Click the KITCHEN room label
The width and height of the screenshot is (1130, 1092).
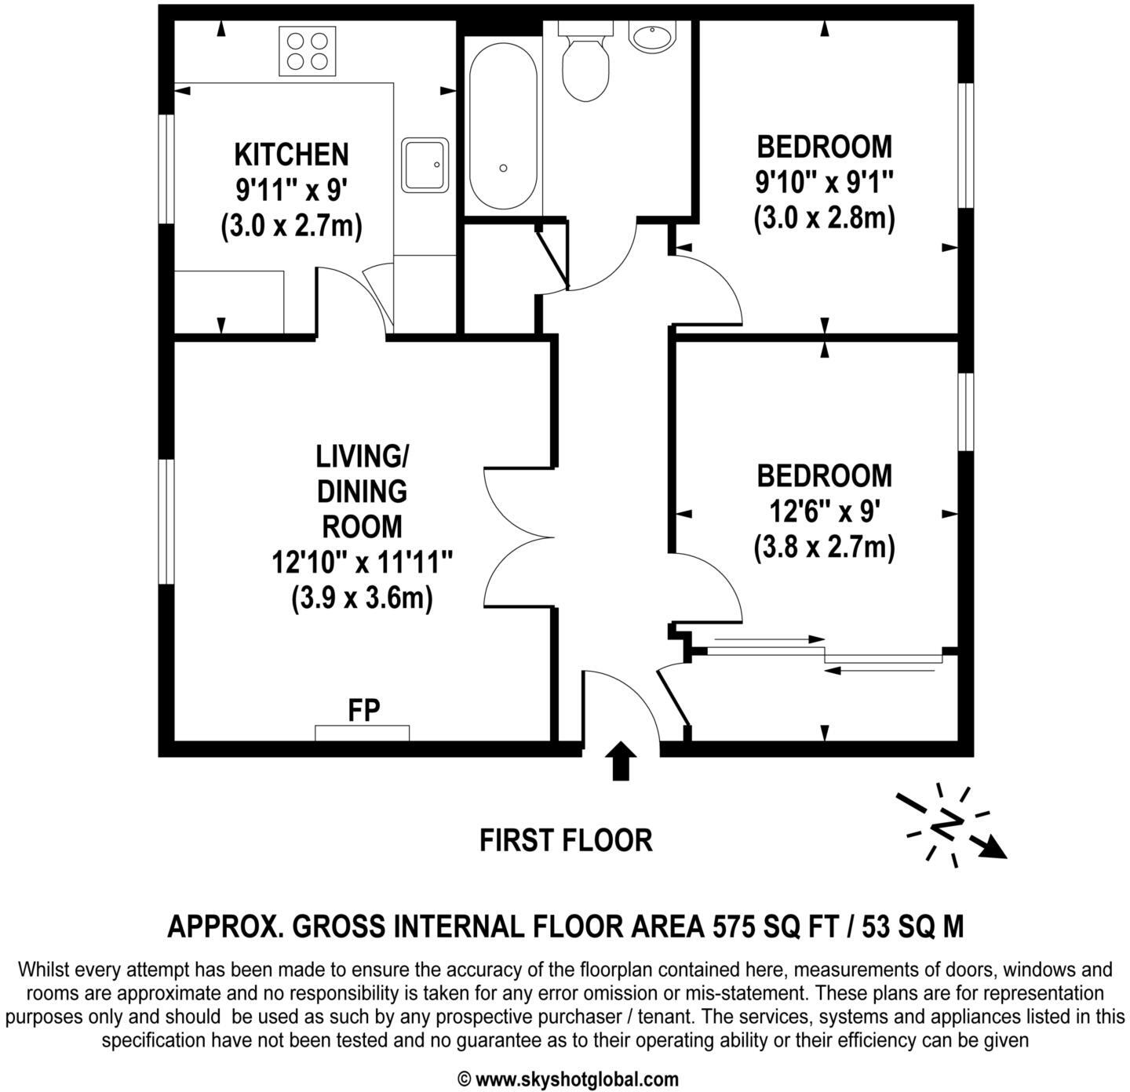point(291,155)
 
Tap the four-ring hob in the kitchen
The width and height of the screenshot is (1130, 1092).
point(308,51)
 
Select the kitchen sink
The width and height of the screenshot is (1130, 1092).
point(425,166)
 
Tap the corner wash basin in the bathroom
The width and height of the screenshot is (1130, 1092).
point(652,36)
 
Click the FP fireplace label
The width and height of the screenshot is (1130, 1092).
point(364,711)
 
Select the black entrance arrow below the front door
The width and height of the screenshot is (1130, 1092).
point(621,760)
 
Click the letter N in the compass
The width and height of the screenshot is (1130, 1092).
point(947,824)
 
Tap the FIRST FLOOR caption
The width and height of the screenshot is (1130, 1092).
point(566,840)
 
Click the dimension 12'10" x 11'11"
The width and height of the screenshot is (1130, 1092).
point(363,562)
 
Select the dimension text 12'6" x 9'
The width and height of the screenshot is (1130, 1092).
point(824,512)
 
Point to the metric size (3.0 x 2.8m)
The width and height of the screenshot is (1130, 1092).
point(824,218)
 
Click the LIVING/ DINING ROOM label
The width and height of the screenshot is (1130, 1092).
point(362,491)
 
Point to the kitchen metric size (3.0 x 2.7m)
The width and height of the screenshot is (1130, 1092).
point(291,227)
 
